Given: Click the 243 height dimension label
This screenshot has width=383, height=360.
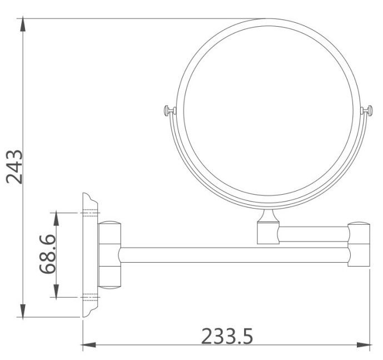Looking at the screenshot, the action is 14,167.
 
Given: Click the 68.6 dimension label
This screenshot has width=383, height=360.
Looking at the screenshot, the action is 47,254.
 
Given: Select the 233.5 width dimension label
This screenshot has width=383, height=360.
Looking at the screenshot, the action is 227,337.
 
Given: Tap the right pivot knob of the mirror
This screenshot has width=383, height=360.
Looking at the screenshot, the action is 367,111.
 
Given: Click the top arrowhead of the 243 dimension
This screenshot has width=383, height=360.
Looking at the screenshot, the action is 23,24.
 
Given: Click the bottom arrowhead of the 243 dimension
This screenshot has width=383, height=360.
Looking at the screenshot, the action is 23,312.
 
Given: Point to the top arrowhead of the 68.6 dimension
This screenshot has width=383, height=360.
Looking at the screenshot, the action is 56,218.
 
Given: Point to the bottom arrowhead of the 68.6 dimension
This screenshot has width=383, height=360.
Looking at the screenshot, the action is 56,292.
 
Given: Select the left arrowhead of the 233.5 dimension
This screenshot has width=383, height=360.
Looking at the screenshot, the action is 88,345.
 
